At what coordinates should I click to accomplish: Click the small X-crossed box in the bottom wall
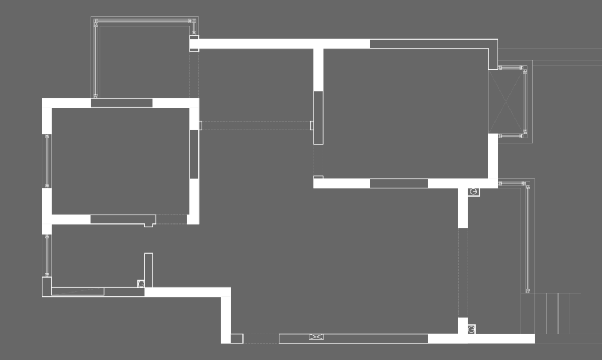point(316,337)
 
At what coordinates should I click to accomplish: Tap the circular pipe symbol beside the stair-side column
point(472,330)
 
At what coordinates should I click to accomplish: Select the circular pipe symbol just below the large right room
point(473,192)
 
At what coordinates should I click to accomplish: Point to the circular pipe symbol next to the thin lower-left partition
point(141,284)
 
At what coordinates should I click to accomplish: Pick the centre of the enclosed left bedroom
point(120,160)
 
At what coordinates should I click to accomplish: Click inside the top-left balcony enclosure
point(142,61)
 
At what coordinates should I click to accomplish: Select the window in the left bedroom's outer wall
point(47,161)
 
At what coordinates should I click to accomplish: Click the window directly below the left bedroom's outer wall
point(47,255)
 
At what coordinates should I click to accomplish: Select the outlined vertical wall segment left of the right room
point(318,118)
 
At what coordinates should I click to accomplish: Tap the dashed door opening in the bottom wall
point(261,338)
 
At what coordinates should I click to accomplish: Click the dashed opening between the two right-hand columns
point(462,273)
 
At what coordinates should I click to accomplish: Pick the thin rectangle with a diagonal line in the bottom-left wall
point(78,291)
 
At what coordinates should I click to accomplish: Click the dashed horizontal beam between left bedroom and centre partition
point(256,126)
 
